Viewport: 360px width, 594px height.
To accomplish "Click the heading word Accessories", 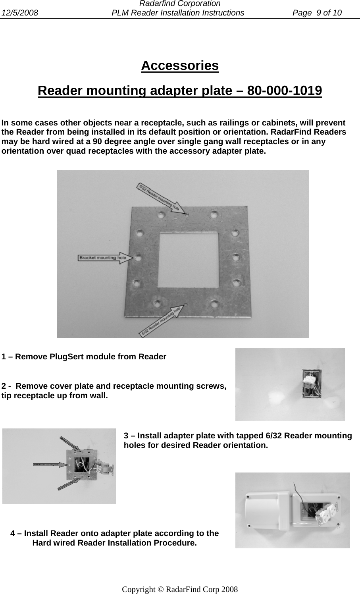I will click(x=180, y=66).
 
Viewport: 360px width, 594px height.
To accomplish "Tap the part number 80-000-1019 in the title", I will click(x=284, y=91).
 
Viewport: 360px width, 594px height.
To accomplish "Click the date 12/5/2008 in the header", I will click(x=19, y=13).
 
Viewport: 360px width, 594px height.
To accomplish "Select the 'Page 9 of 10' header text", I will click(x=317, y=13).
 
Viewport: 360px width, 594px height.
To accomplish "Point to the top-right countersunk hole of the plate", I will click(x=214, y=215).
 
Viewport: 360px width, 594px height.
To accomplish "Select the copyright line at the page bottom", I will click(x=180, y=589).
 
